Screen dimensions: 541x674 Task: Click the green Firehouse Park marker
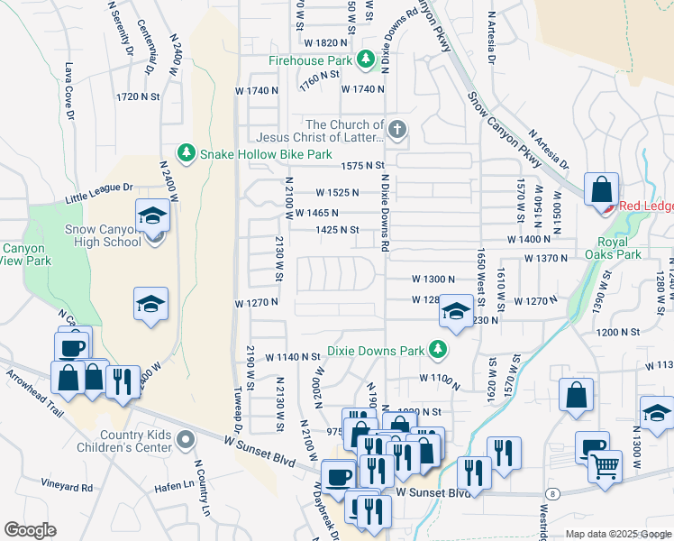(x=365, y=60)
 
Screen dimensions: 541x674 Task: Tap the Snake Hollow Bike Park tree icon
(x=186, y=154)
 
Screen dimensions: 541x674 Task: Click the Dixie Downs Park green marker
(x=438, y=349)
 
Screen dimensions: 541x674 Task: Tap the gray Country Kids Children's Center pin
(x=186, y=440)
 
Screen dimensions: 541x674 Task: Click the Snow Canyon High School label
(x=103, y=235)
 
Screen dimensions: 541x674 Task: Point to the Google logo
(x=30, y=530)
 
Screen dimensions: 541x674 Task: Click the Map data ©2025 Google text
(x=618, y=534)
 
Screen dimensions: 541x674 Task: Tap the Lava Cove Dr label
(x=69, y=91)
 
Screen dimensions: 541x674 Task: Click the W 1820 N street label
(x=325, y=42)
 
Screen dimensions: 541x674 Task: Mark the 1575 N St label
(x=363, y=165)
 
